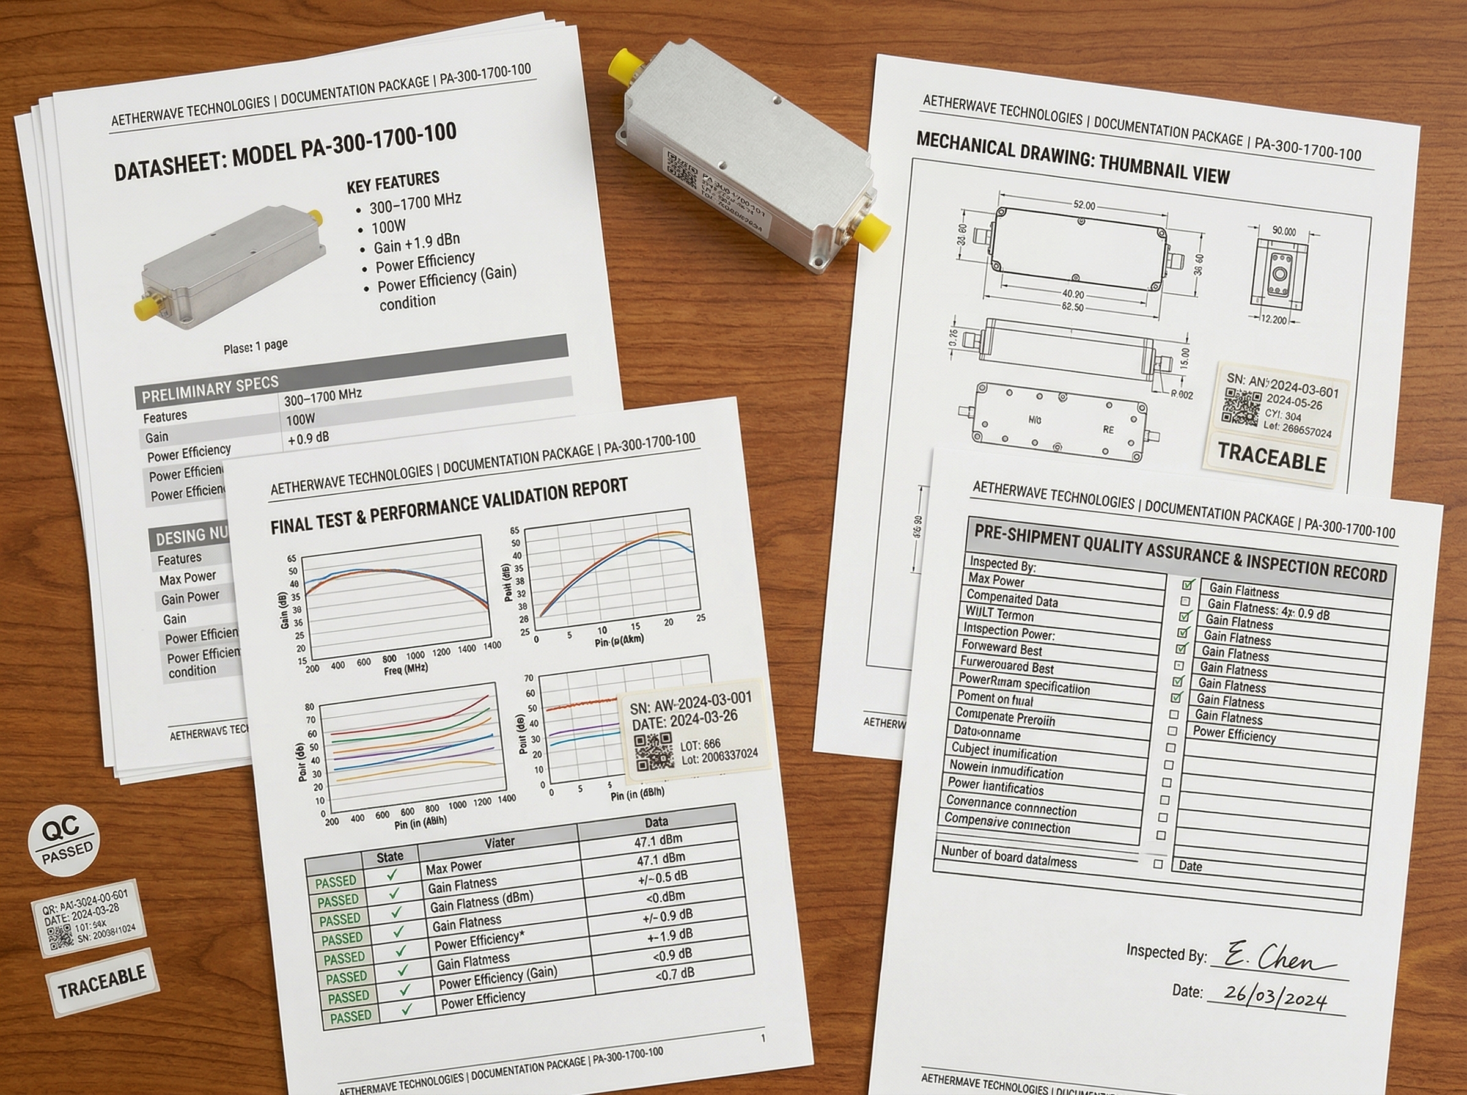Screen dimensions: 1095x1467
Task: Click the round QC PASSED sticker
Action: coord(64,840)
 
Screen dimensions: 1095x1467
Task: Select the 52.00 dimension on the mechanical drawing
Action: coord(1084,205)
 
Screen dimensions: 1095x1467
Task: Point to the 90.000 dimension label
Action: coord(1284,232)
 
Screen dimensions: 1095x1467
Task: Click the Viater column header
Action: coord(499,843)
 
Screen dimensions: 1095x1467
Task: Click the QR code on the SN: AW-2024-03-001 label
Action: coord(653,752)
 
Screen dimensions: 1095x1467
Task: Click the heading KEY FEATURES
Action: coord(393,182)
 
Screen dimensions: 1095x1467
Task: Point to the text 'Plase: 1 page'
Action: coord(256,346)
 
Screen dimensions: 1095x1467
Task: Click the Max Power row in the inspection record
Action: coord(996,580)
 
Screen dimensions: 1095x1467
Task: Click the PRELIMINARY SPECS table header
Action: coord(210,389)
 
